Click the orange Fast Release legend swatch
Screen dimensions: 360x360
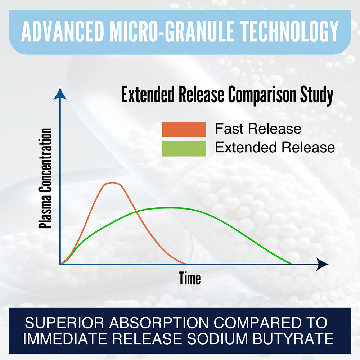(x=184, y=129)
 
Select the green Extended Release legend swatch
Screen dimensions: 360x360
(x=184, y=149)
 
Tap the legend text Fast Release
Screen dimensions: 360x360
(x=258, y=129)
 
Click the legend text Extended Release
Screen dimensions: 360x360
(x=275, y=147)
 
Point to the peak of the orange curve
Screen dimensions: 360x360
(x=112, y=183)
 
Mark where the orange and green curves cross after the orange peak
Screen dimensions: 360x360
(x=136, y=212)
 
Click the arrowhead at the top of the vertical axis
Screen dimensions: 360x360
(x=60, y=94)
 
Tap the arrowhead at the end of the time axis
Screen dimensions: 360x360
(x=322, y=264)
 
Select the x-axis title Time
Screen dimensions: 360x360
(x=190, y=278)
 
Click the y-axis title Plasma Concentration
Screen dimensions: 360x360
(x=45, y=179)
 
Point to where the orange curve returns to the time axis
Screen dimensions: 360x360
(x=185, y=264)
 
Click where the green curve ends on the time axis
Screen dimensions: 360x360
(x=291, y=264)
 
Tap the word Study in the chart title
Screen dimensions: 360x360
(x=317, y=95)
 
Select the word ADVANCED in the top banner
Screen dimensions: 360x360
(x=63, y=31)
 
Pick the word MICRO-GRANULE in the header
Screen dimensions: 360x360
(x=172, y=31)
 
